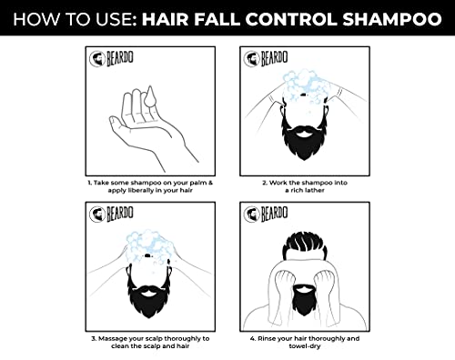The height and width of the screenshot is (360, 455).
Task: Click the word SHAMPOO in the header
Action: [x=392, y=19]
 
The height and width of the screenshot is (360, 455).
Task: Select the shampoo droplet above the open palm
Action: [x=149, y=96]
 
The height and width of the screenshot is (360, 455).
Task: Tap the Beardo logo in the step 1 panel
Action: [x=111, y=58]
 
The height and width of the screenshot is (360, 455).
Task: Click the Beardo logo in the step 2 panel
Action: [x=266, y=58]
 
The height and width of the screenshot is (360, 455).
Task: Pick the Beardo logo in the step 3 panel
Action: [x=111, y=214]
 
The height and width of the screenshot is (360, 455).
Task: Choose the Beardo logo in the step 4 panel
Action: [x=266, y=214]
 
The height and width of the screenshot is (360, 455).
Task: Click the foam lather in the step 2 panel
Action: [x=307, y=85]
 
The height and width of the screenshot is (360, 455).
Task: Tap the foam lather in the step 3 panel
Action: [x=147, y=244]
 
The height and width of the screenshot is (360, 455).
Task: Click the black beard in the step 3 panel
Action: [x=148, y=298]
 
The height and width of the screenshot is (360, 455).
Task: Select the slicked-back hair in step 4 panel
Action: [x=305, y=245]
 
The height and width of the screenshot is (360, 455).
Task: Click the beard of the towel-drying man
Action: [x=304, y=299]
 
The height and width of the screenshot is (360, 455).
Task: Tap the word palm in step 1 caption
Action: [x=198, y=183]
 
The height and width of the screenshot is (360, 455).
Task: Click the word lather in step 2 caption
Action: [x=314, y=190]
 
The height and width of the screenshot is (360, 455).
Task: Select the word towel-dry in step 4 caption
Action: [x=305, y=346]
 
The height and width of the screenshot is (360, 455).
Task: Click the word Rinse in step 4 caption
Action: [x=267, y=338]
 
